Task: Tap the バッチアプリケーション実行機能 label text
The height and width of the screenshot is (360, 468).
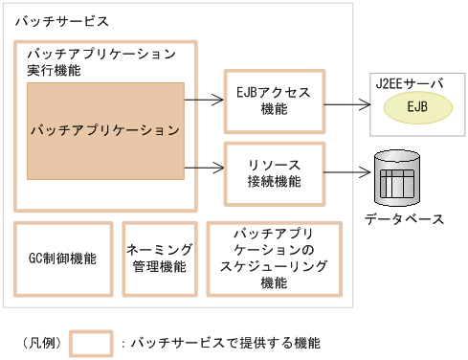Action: pyautogui.click(x=101, y=60)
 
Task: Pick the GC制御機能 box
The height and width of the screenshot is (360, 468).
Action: pyautogui.click(x=62, y=259)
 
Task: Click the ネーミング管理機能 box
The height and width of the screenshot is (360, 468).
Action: pyautogui.click(x=159, y=259)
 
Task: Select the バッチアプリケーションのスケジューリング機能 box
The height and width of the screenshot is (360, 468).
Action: pyautogui.click(x=274, y=259)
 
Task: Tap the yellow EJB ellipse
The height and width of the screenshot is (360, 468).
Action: pyautogui.click(x=417, y=106)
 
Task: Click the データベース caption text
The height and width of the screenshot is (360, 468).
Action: pyautogui.click(x=403, y=219)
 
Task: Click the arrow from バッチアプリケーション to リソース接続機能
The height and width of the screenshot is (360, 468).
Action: pyautogui.click(x=203, y=169)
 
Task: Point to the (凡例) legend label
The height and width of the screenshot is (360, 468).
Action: pyautogui.click(x=39, y=343)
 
